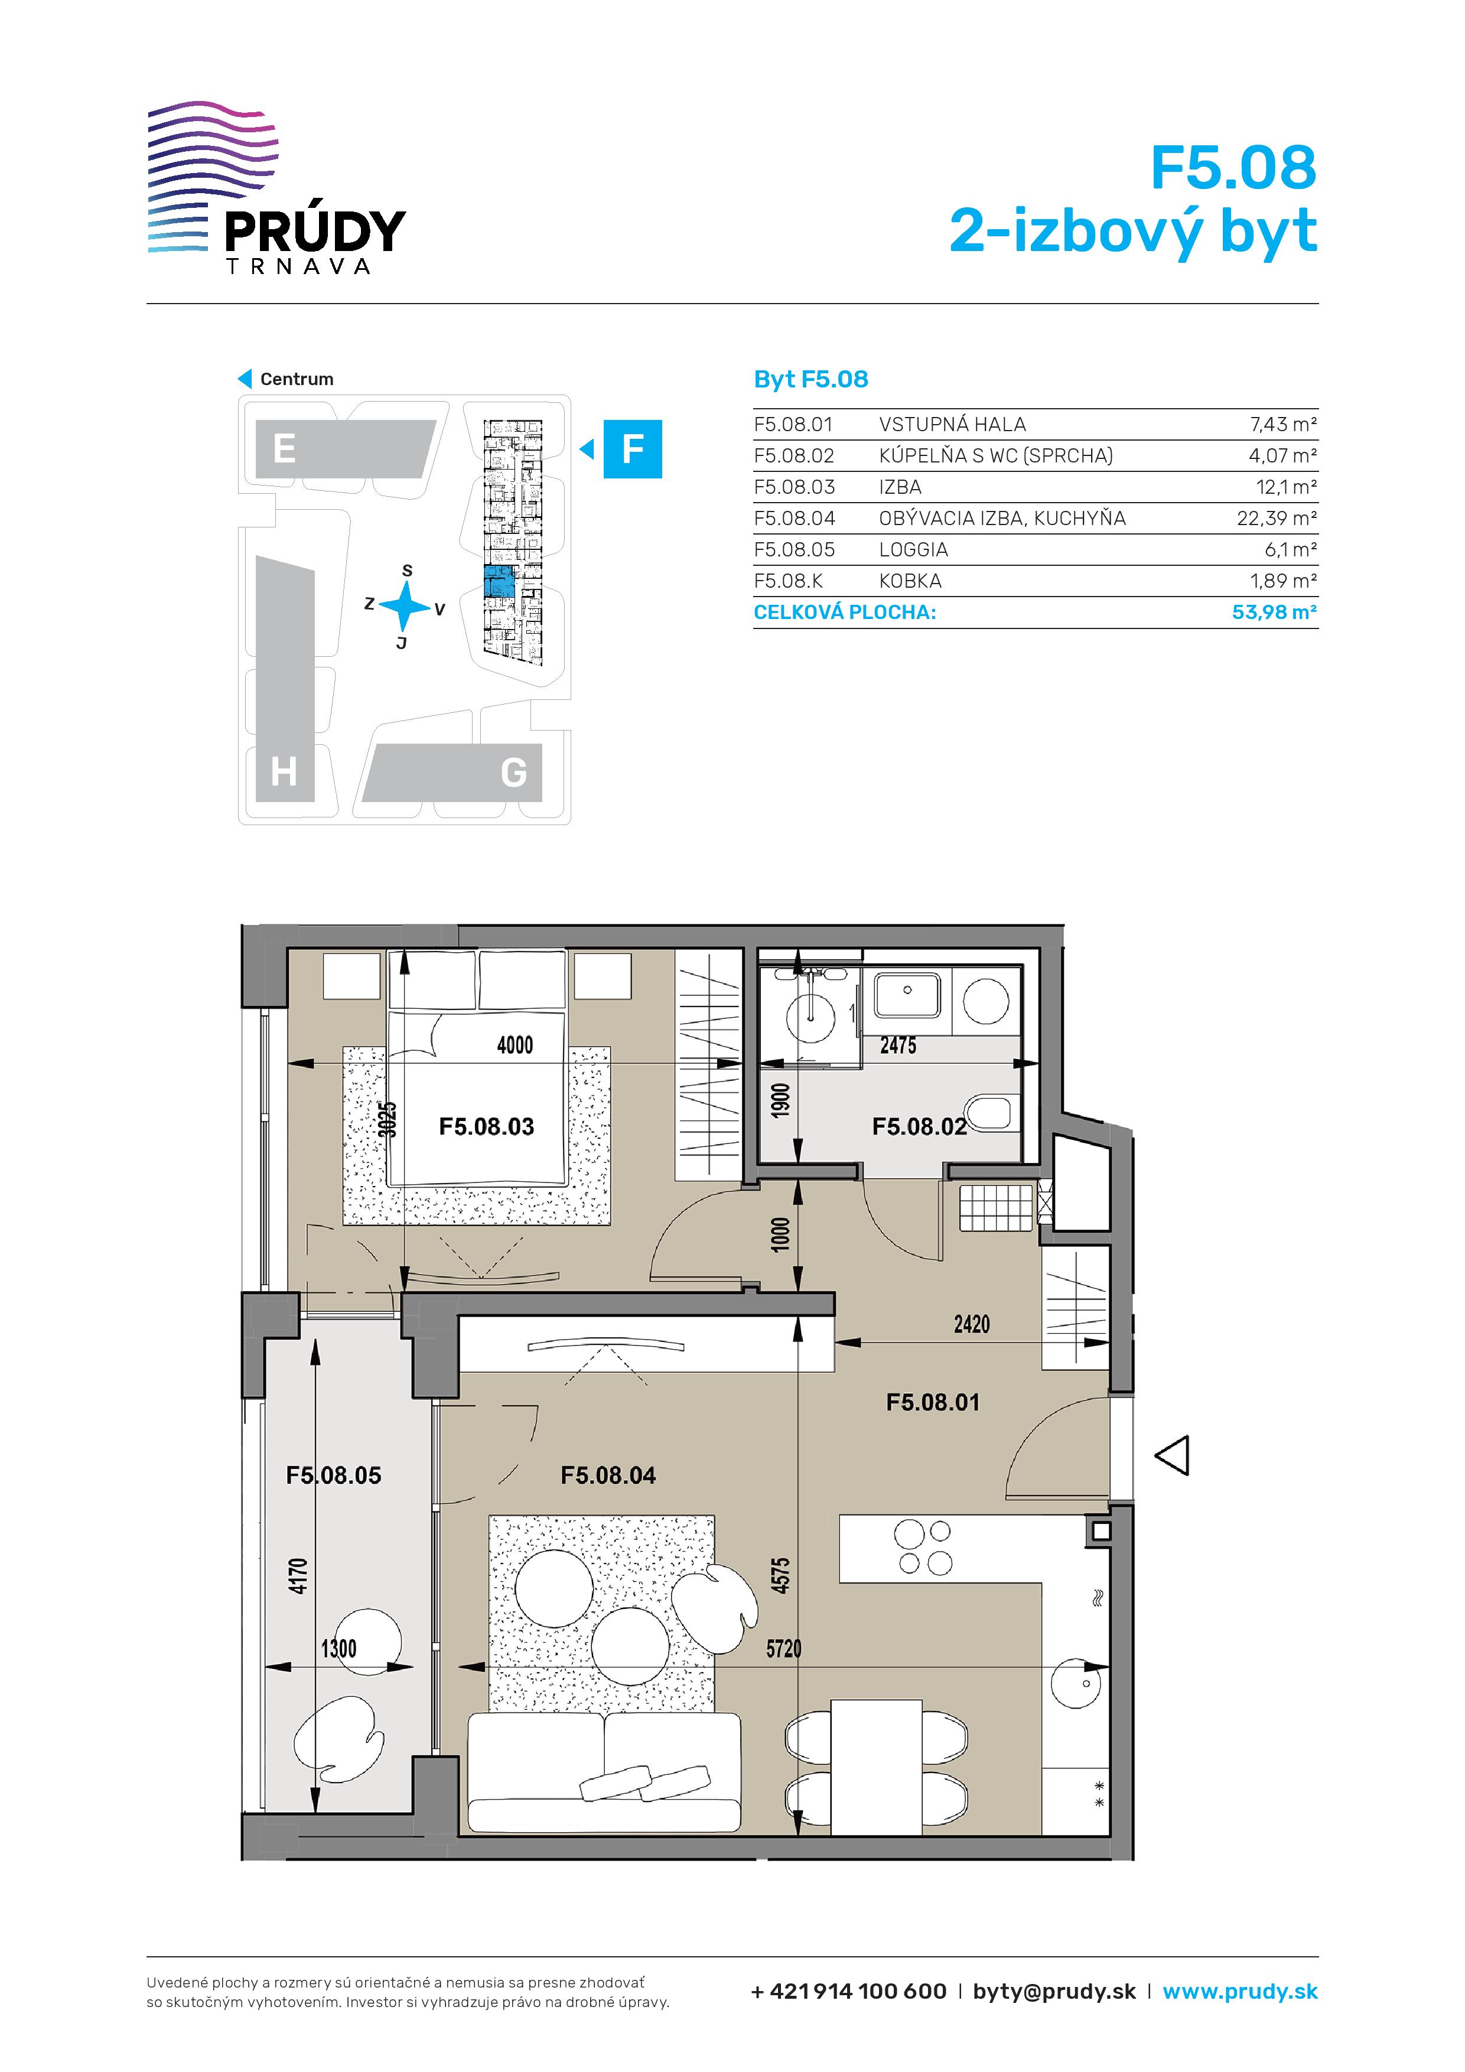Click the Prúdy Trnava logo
(276, 188)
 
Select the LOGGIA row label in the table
(913, 549)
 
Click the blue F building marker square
(633, 448)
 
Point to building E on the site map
(343, 448)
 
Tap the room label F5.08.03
(487, 1126)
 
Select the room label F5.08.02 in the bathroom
(919, 1126)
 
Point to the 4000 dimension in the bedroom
(515, 1045)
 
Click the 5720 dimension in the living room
(783, 1649)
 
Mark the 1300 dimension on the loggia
(338, 1649)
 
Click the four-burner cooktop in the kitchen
(923, 1548)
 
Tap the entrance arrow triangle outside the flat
(1173, 1455)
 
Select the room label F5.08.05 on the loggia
(333, 1475)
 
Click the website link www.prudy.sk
(1241, 1992)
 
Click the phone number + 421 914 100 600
(848, 1992)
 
